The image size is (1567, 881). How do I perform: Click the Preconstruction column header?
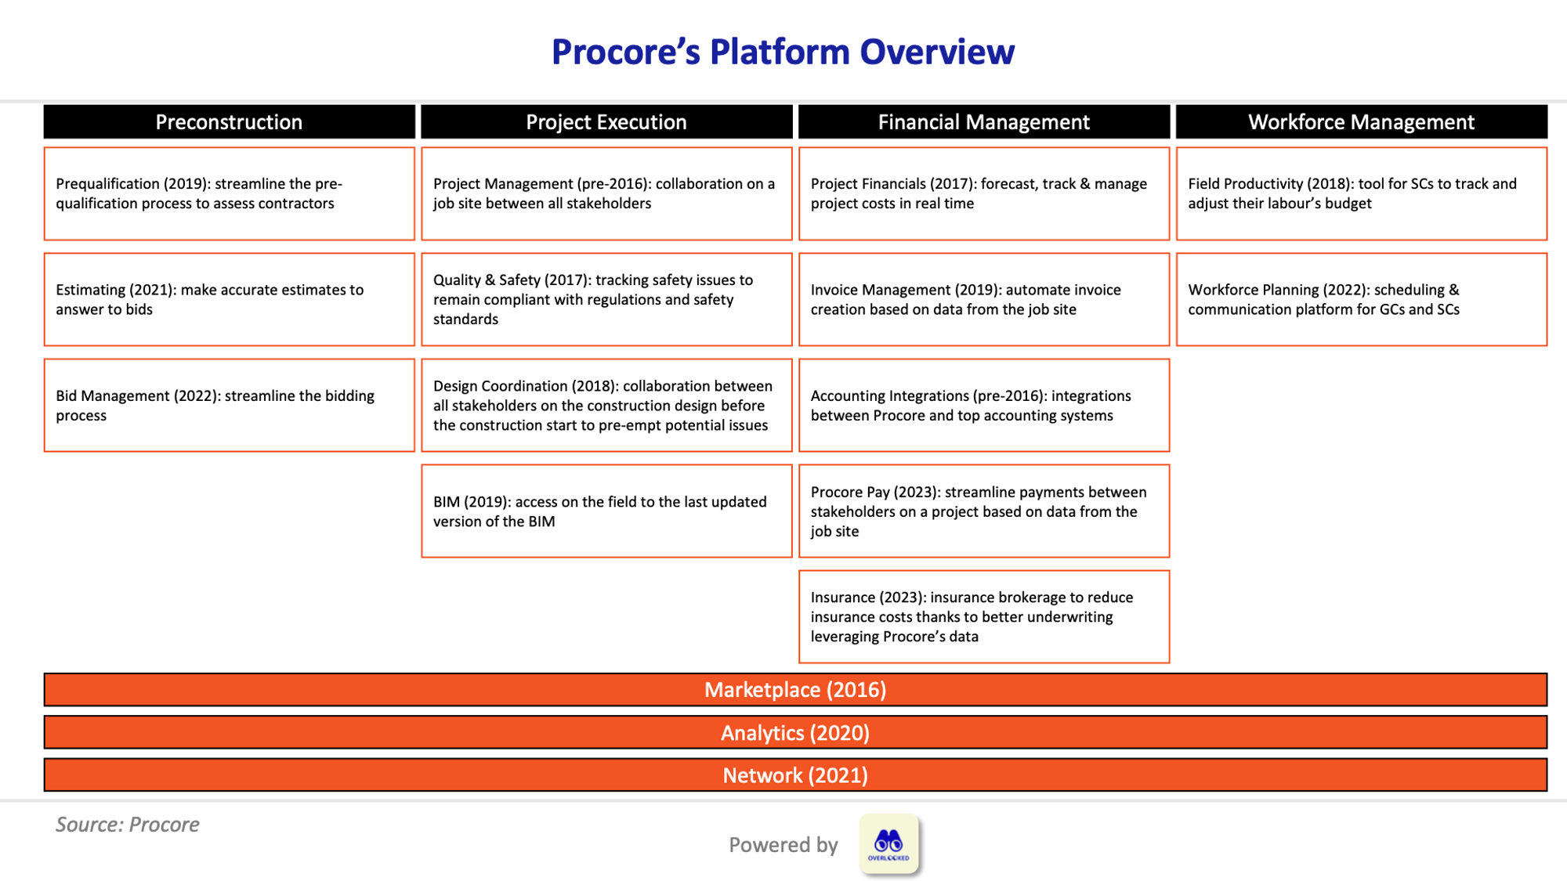(x=229, y=122)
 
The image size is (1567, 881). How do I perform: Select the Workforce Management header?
(x=1361, y=122)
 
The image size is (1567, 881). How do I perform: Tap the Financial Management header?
(x=983, y=122)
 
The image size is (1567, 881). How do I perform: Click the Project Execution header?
(x=606, y=122)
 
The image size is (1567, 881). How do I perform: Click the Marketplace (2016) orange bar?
(x=795, y=690)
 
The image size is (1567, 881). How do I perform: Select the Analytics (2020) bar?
(x=795, y=733)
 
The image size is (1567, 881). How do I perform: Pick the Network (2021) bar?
(x=795, y=775)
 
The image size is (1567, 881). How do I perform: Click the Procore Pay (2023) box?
(x=983, y=511)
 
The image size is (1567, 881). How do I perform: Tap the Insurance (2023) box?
(x=983, y=617)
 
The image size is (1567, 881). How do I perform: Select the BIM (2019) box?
(x=606, y=511)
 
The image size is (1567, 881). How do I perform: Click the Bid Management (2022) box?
(x=229, y=406)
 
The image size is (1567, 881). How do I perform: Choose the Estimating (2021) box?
(x=229, y=299)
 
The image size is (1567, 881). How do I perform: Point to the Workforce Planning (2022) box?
(x=1361, y=299)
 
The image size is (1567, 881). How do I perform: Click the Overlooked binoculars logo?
(x=888, y=844)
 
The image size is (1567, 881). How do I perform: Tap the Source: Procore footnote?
(x=127, y=825)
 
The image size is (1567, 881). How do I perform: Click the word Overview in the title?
(x=936, y=52)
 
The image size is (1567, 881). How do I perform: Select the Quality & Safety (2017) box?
(x=606, y=299)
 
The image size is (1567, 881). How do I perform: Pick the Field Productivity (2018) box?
(x=1361, y=193)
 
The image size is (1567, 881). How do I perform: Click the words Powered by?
(x=783, y=845)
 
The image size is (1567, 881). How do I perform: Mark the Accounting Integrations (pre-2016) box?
(x=983, y=406)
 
